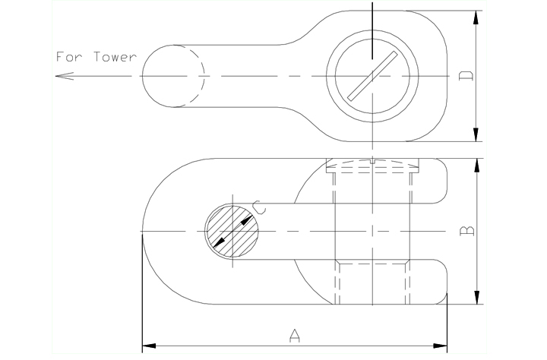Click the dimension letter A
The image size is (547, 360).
[295, 335]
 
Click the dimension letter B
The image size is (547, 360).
[466, 231]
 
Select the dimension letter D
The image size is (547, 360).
[466, 76]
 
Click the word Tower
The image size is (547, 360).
[115, 56]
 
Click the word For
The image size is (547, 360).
[69, 56]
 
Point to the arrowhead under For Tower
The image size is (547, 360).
[65, 76]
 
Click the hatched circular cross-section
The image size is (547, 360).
[232, 232]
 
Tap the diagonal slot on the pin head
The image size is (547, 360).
[372, 76]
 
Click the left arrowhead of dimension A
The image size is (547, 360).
[149, 346]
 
